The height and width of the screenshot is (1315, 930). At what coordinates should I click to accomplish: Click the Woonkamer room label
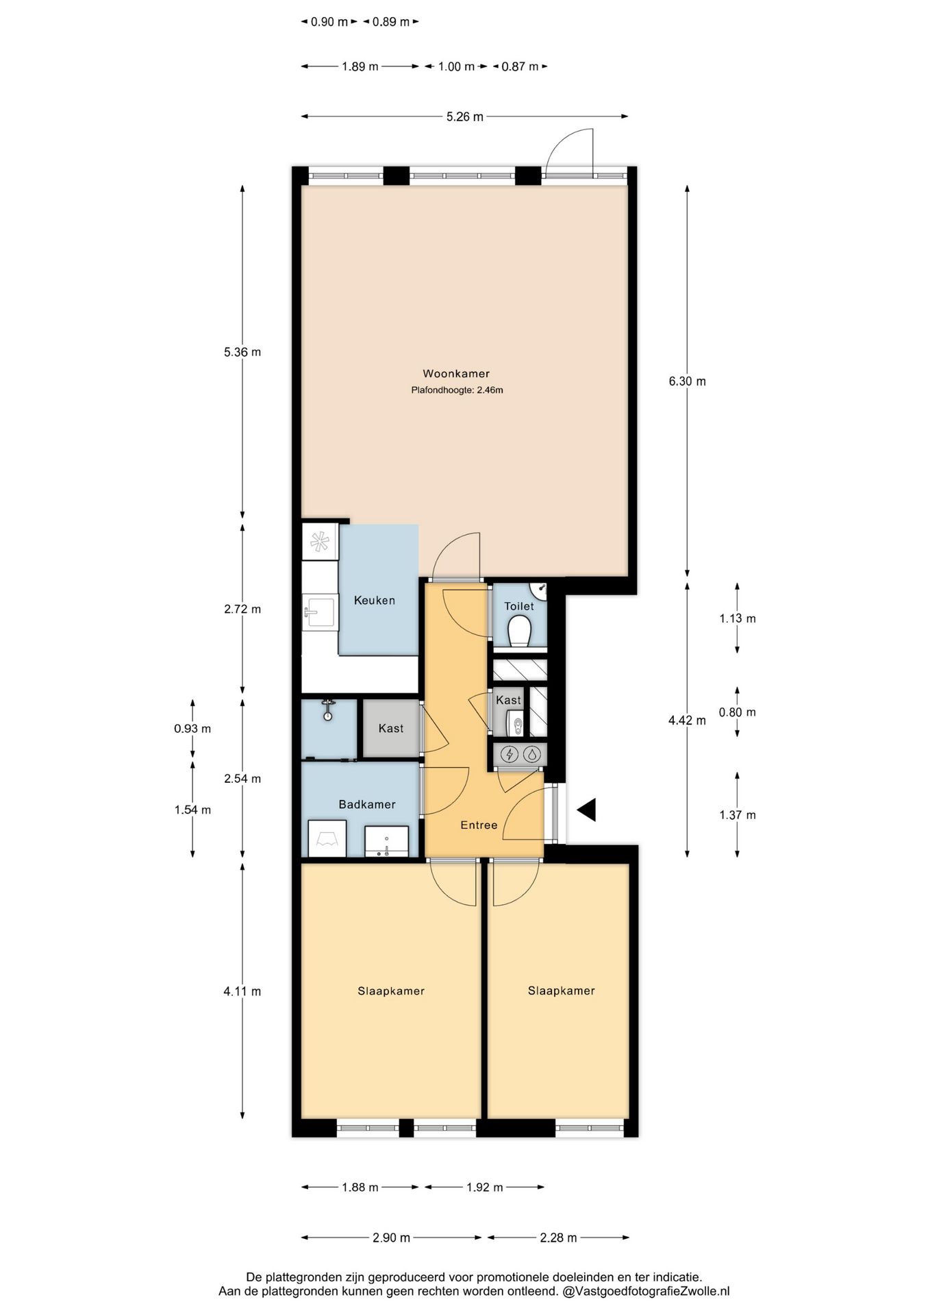(455, 373)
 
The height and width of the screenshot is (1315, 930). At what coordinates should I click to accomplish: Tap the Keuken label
(374, 601)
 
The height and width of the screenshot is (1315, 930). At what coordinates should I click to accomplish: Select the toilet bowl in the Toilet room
(520, 631)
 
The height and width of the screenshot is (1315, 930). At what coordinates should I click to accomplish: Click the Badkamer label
(367, 804)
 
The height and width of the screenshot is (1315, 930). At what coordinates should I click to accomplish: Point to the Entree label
(479, 825)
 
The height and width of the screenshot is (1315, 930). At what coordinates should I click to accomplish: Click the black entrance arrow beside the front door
(587, 810)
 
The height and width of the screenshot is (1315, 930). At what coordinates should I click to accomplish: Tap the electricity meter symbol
(510, 755)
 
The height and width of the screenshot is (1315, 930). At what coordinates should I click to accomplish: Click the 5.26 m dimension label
(464, 117)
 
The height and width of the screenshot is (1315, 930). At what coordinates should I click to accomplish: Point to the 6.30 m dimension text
(687, 381)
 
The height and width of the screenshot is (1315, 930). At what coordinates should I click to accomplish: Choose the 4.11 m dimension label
(242, 991)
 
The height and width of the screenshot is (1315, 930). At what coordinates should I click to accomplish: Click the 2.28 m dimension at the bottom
(558, 1238)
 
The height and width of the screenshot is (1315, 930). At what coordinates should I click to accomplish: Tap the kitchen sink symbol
(320, 610)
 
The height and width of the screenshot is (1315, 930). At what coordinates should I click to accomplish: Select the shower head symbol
(329, 710)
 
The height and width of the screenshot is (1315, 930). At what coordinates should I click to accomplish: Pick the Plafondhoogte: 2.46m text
(457, 390)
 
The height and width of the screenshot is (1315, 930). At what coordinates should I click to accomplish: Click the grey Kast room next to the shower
(390, 728)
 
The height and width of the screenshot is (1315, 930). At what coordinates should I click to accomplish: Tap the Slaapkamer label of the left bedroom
(391, 991)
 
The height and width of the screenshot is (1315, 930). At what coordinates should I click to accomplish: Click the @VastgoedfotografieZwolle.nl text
(646, 1292)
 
